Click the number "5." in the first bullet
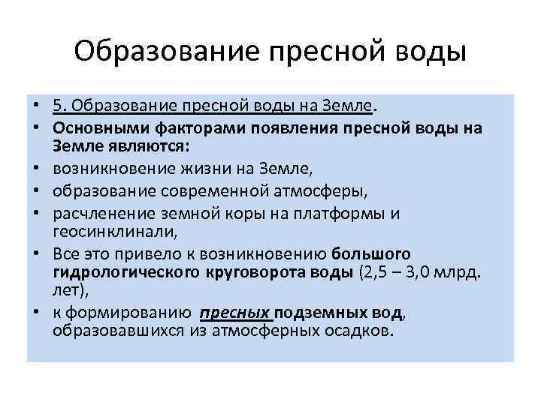pos(60,105)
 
